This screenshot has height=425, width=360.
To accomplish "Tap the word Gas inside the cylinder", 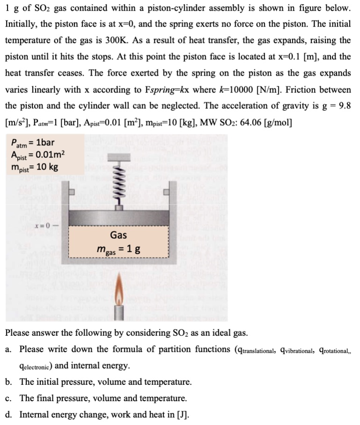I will pos(118,235).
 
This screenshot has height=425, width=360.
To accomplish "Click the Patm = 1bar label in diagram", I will pos(33,143).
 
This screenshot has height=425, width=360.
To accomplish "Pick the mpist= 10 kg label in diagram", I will pos(34,167).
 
